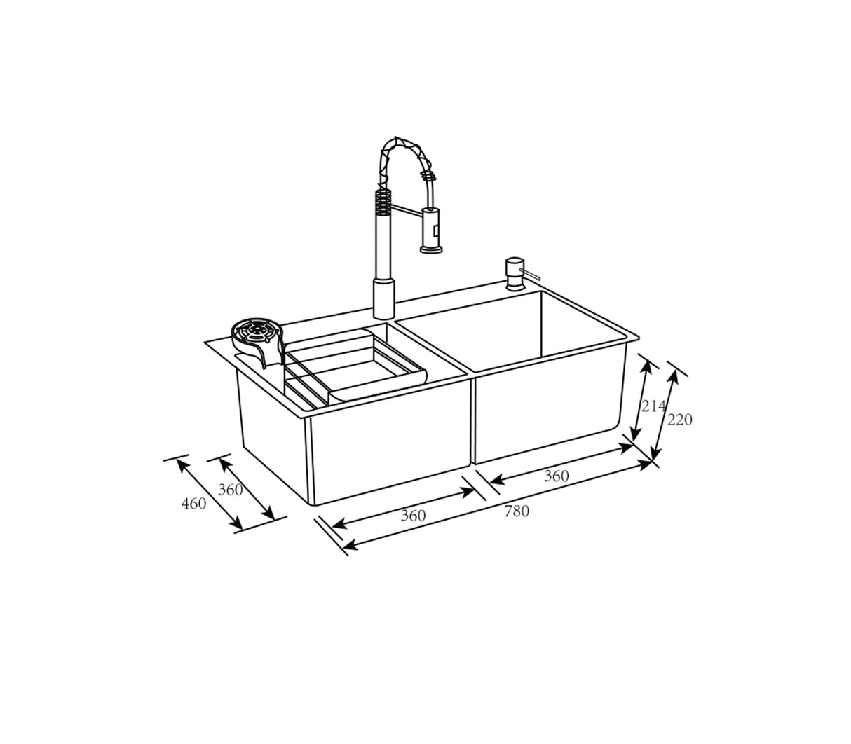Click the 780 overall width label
click(x=517, y=511)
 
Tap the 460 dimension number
click(x=193, y=503)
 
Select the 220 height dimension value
click(x=679, y=420)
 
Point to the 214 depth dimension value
click(x=653, y=406)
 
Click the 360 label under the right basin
click(x=556, y=476)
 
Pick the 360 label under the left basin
click(x=413, y=516)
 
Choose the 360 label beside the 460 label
click(x=230, y=490)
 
